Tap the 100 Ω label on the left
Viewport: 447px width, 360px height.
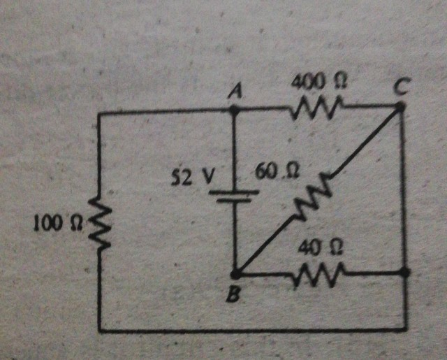pyautogui.click(x=57, y=224)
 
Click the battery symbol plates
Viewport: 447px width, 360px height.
pyautogui.click(x=235, y=194)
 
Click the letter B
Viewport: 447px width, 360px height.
pyautogui.click(x=234, y=296)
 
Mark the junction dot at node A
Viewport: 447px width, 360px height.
pyautogui.click(x=234, y=109)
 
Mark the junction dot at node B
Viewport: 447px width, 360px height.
pyautogui.click(x=235, y=273)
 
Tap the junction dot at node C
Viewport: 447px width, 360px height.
pyautogui.click(x=400, y=106)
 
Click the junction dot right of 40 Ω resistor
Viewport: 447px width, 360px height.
pyautogui.click(x=406, y=272)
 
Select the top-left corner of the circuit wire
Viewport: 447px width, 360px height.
pyautogui.click(x=99, y=112)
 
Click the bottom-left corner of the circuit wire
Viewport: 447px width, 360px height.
pyautogui.click(x=100, y=330)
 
